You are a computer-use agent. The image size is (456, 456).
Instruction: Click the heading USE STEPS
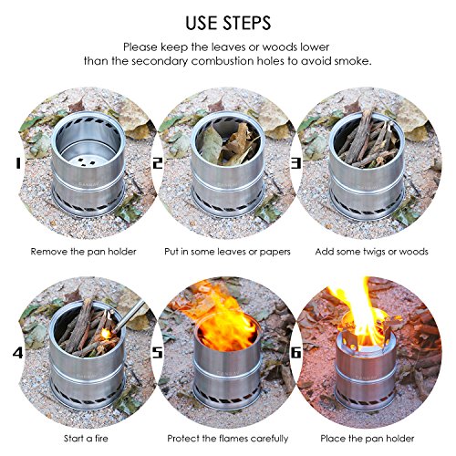[227, 20]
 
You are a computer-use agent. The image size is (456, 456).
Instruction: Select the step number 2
[157, 164]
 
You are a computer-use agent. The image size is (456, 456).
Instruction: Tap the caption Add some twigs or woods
[374, 250]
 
